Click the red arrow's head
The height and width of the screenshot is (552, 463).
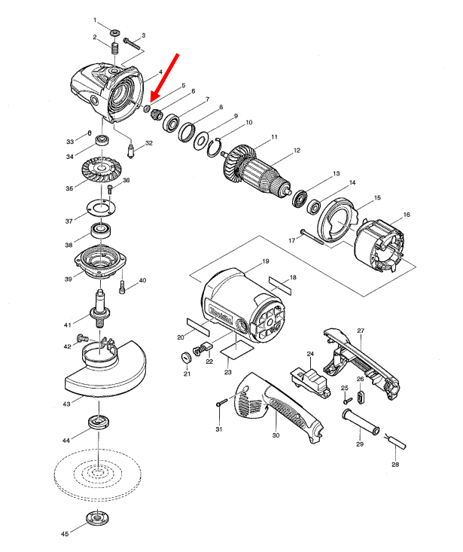154,98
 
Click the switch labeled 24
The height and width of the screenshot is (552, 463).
310,375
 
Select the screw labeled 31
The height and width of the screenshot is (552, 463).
218,404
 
